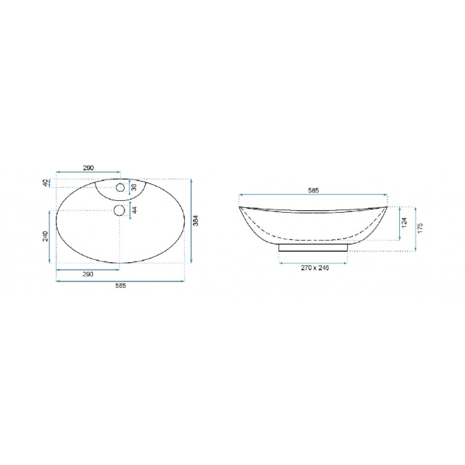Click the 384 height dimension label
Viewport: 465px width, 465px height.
[x=195, y=220]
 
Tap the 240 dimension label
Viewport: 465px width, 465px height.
[x=46, y=236]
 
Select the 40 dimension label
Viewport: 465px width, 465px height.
[x=45, y=183]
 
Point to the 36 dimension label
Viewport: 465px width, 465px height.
[x=134, y=187]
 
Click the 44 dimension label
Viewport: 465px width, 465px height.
[x=134, y=210]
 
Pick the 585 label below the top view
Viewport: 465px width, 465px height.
[x=121, y=286]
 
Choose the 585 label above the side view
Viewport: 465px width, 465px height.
[x=313, y=190]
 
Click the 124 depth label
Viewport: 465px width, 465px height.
[x=404, y=222]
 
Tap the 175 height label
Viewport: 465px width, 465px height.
[x=420, y=228]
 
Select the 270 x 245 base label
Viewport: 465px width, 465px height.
[x=315, y=268]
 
